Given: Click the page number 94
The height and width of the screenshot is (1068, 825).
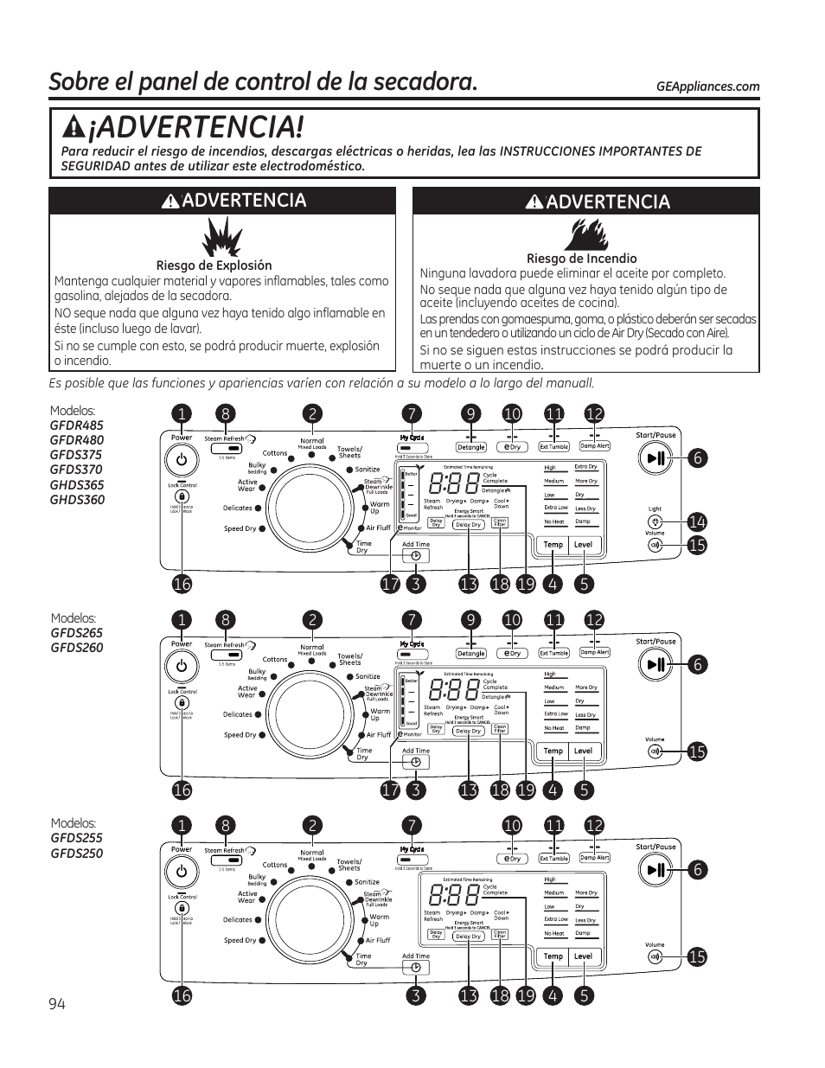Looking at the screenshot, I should click(57, 1003).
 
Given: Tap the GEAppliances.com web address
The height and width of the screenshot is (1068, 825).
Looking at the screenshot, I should click(707, 86).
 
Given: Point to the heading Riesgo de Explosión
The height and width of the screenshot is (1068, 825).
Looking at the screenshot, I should click(214, 265).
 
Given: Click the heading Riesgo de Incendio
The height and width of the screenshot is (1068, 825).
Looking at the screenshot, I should click(581, 259).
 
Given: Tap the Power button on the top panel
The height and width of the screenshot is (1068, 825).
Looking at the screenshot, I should click(182, 460).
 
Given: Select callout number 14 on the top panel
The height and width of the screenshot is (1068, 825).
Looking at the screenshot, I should click(697, 521).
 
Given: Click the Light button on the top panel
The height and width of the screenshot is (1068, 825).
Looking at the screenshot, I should click(656, 522).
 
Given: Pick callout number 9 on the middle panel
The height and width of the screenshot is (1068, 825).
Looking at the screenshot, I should click(471, 620).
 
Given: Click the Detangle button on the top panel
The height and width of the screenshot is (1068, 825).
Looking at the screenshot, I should click(471, 447).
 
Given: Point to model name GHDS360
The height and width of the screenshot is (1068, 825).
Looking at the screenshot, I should click(77, 500).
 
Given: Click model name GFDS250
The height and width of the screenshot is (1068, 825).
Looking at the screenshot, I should click(76, 854).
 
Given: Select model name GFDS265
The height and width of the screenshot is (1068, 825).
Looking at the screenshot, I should click(76, 633).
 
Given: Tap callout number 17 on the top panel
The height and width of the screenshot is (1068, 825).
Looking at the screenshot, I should click(390, 584).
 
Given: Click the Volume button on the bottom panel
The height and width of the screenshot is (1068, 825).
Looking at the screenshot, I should click(655, 957).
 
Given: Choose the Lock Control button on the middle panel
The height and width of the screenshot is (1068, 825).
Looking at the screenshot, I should click(182, 703).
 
